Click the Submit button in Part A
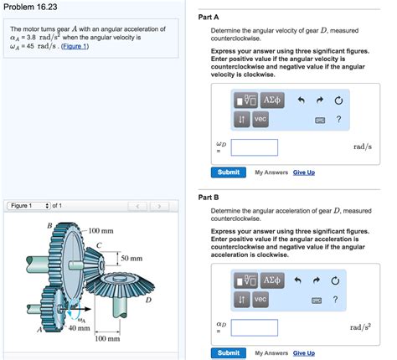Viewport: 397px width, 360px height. pyautogui.click(x=228, y=172)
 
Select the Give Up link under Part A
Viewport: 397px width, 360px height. pyautogui.click(x=303, y=172)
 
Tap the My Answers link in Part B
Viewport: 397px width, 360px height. pyautogui.click(x=270, y=353)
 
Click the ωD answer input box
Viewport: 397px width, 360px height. pyautogui.click(x=255, y=147)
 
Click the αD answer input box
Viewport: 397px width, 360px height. pyautogui.click(x=255, y=328)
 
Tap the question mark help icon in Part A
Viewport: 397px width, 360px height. pyautogui.click(x=338, y=119)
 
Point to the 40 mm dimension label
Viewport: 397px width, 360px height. pyautogui.click(x=79, y=329)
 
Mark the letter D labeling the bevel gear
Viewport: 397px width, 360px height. pyautogui.click(x=147, y=298)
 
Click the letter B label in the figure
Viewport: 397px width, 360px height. pyautogui.click(x=49, y=224)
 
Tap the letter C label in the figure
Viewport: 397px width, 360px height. pyautogui.click(x=100, y=244)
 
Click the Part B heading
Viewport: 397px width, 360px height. pyautogui.click(x=209, y=198)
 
